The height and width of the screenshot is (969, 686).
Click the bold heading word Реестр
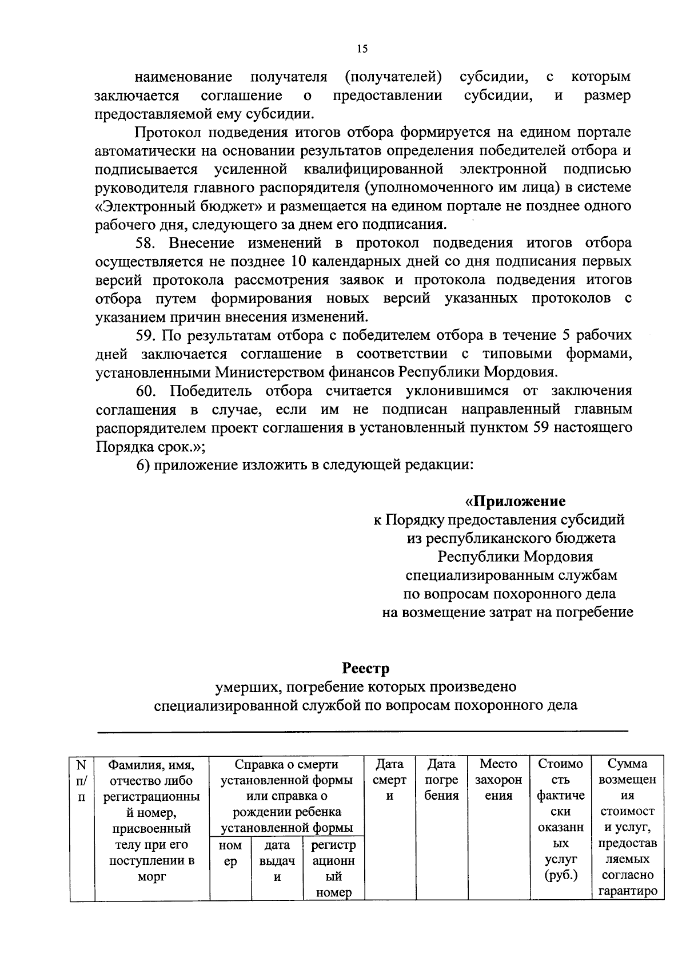[366, 668]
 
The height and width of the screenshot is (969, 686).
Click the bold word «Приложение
[515, 501]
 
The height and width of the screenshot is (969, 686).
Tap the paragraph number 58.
[146, 243]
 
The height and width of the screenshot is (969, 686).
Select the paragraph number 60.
[147, 391]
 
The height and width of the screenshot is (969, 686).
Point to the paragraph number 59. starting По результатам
[147, 335]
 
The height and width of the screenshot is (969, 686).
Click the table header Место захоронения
[498, 780]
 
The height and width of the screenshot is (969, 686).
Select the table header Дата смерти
[389, 780]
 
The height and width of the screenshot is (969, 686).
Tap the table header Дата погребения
[441, 780]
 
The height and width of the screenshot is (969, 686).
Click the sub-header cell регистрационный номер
[333, 868]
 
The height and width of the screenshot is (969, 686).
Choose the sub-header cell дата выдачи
[277, 860]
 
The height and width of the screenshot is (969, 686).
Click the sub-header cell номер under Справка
[230, 853]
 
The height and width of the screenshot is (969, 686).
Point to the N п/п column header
[81, 780]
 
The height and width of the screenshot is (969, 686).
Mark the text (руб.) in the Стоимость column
[561, 875]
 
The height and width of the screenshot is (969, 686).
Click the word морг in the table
[151, 876]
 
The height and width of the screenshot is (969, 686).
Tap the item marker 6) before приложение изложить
[143, 464]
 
